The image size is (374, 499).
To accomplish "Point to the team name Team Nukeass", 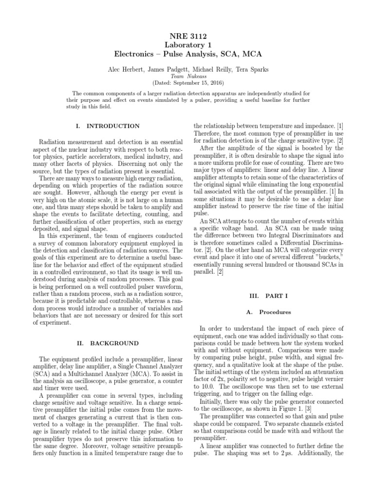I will pos(187,77).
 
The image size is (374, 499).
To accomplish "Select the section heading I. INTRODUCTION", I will pos(112,126).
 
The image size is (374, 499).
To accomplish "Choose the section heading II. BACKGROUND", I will pos(112,343).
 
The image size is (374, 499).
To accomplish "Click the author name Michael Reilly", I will pos(207,70).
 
